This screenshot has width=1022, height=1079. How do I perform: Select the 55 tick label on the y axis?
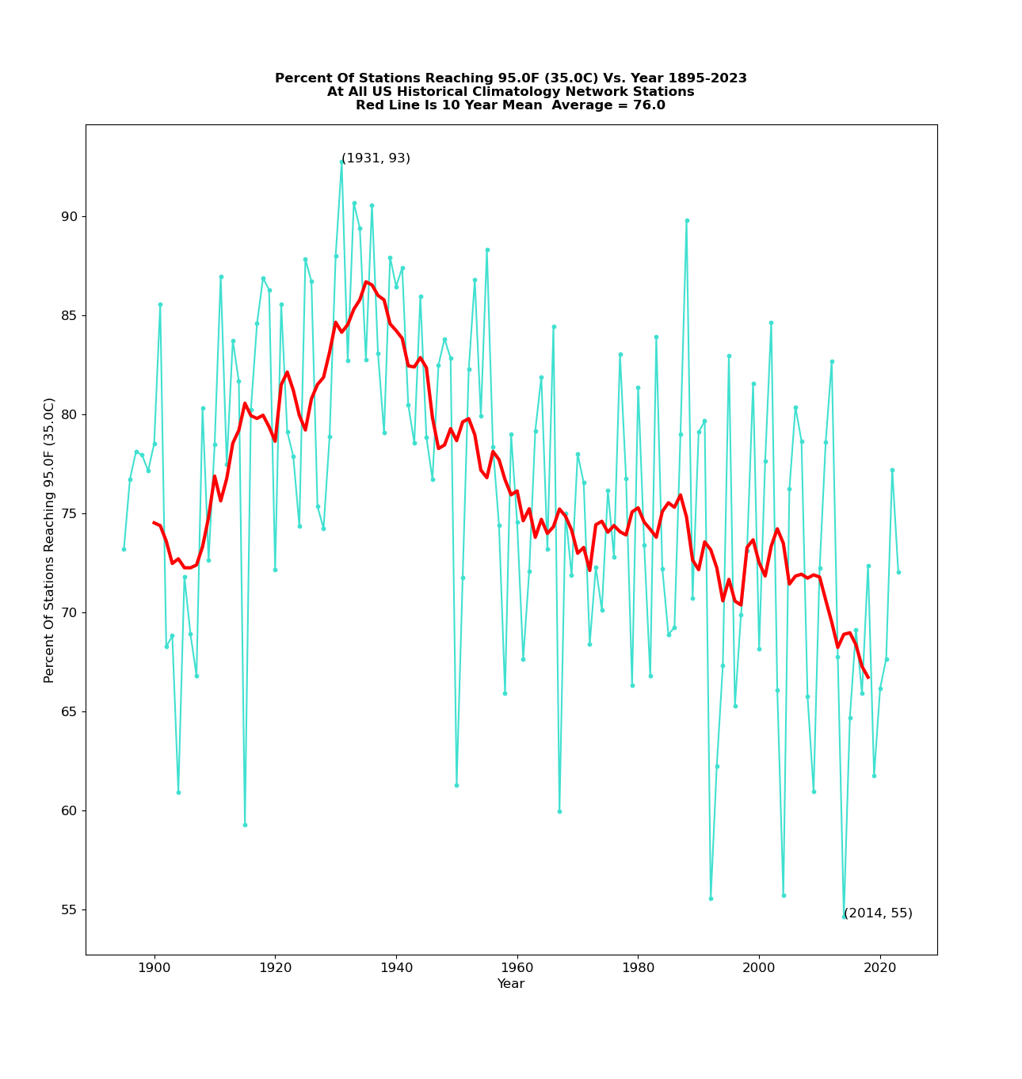click(x=70, y=909)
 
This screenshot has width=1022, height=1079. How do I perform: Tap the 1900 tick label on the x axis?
click(x=154, y=968)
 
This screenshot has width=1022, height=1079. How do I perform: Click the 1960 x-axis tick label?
click(x=517, y=968)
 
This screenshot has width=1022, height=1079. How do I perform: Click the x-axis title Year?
click(x=511, y=984)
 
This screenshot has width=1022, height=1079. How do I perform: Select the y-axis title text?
click(x=49, y=539)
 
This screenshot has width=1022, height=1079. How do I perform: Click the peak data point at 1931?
click(x=341, y=162)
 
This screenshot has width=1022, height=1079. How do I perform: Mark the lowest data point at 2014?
click(x=844, y=917)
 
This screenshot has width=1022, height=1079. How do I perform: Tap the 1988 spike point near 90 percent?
click(x=687, y=220)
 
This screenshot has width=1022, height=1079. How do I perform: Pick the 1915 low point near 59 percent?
click(x=245, y=825)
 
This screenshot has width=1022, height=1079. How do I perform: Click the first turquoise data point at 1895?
click(x=124, y=549)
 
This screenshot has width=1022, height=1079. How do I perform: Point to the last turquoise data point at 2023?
click(x=898, y=572)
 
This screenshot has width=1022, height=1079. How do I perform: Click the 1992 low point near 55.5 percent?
click(x=711, y=898)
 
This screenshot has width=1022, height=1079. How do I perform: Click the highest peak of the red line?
click(x=366, y=282)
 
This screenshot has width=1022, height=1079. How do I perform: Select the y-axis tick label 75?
click(x=70, y=513)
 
